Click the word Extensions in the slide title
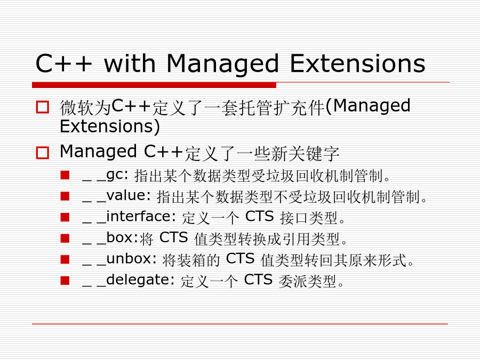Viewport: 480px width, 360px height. [357, 63]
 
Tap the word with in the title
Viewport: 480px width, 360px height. [130, 63]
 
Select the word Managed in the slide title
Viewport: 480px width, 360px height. [222, 65]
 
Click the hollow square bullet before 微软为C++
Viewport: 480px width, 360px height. [43, 107]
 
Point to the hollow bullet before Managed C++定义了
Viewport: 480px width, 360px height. [43, 153]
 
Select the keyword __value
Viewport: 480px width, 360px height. [116, 196]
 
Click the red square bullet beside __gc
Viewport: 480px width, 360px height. [65, 175]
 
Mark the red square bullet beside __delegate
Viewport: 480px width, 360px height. [65, 281]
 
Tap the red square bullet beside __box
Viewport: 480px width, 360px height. [65, 238]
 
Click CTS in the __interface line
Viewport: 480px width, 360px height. [260, 217]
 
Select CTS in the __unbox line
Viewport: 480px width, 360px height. [241, 259]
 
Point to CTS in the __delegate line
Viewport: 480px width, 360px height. [258, 280]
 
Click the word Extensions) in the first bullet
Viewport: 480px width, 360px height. [110, 126]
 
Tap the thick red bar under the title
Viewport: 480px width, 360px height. [154, 85]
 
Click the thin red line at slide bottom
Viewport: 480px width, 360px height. [240, 324]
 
